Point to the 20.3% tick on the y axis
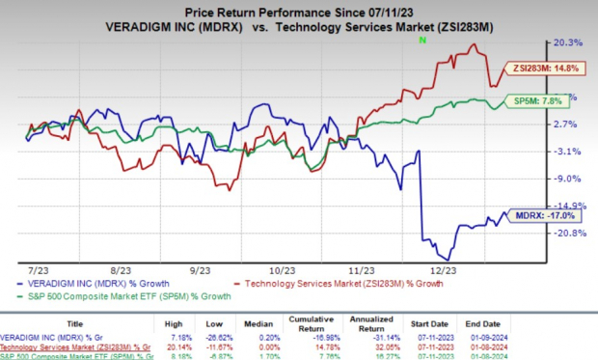coord(569,43)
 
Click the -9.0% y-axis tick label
coord(569,179)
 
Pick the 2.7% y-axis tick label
coord(569,125)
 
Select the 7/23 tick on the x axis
coord(41,274)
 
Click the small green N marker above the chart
coord(421,42)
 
